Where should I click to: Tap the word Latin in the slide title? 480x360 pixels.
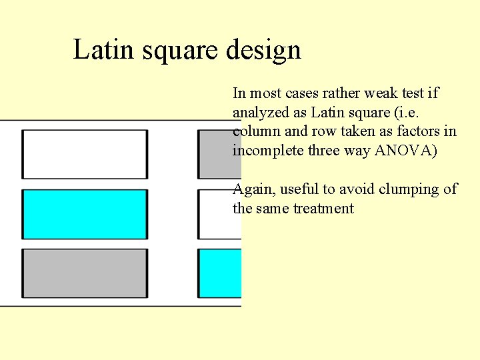(x=99, y=49)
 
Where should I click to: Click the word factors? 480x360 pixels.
(x=419, y=131)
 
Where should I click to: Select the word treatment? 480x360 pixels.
(x=323, y=209)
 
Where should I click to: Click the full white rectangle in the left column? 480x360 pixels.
(x=85, y=154)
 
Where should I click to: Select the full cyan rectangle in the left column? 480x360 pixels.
(x=85, y=214)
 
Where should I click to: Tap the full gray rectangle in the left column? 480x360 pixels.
(x=85, y=273)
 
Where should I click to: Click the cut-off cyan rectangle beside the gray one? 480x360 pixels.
(x=219, y=273)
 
